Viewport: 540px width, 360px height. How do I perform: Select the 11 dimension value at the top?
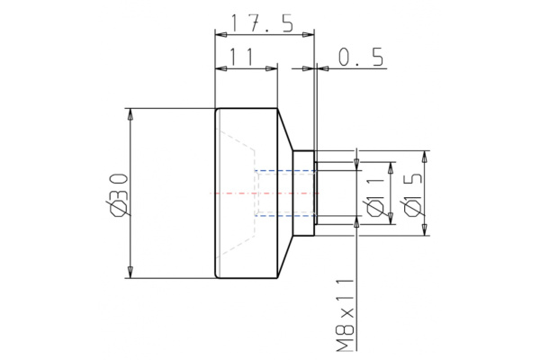point(238,57)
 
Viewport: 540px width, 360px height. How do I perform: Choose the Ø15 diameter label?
point(412,194)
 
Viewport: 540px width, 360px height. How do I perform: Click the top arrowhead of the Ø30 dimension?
point(131,114)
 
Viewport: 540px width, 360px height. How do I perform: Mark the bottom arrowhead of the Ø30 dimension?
point(131,273)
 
